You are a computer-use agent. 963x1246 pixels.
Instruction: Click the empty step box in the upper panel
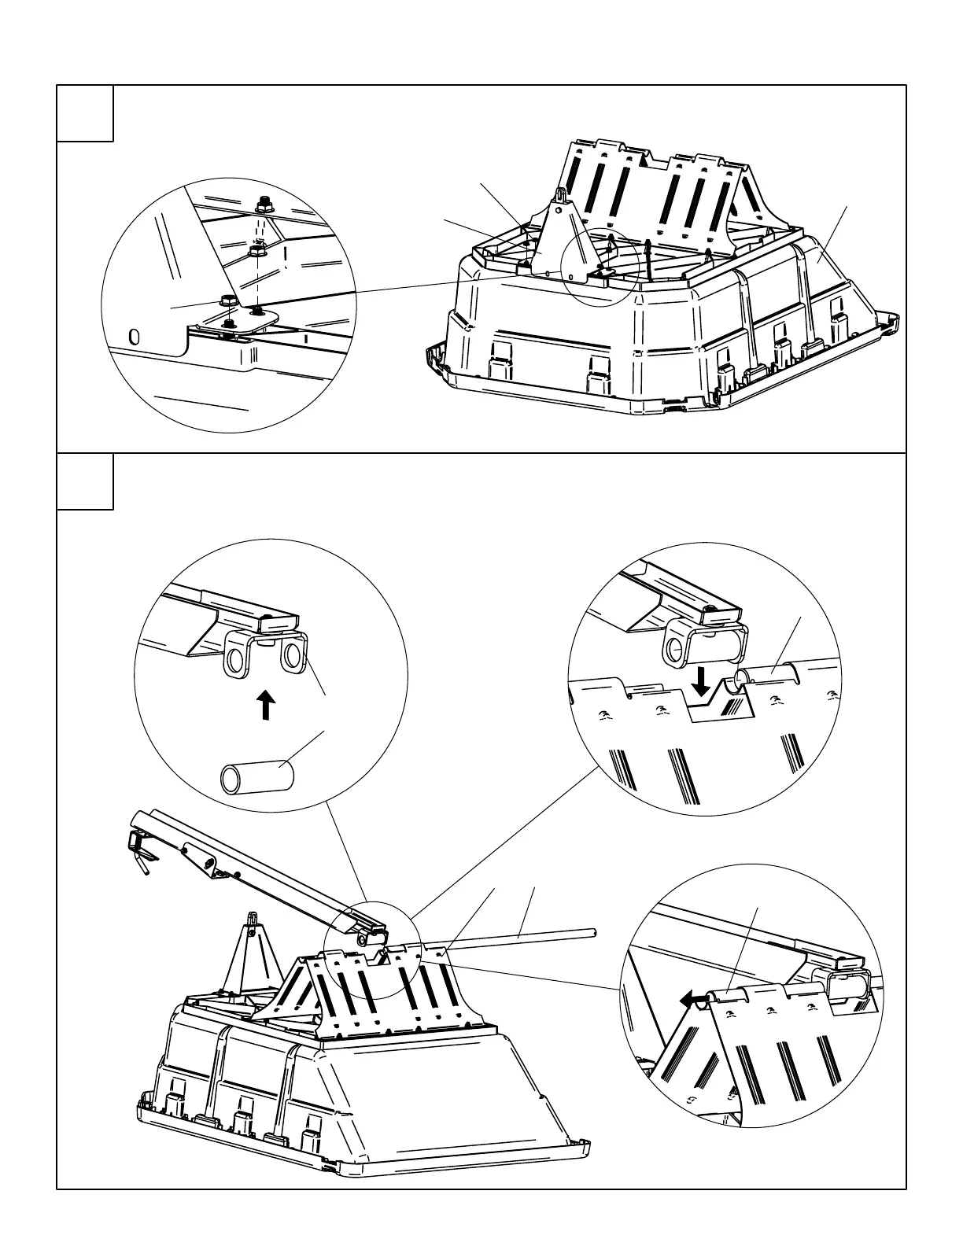coord(85,113)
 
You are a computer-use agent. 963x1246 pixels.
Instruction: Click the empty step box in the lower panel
coord(85,481)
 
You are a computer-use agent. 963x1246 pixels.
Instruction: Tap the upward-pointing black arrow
coord(267,705)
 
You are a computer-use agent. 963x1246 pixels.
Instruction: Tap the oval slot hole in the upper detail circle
coord(135,337)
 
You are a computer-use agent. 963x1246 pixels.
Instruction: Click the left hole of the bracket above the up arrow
coord(235,658)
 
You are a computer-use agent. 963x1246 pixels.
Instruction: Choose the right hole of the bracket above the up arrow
coord(292,655)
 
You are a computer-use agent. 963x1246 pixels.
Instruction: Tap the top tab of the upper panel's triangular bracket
coord(561,194)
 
